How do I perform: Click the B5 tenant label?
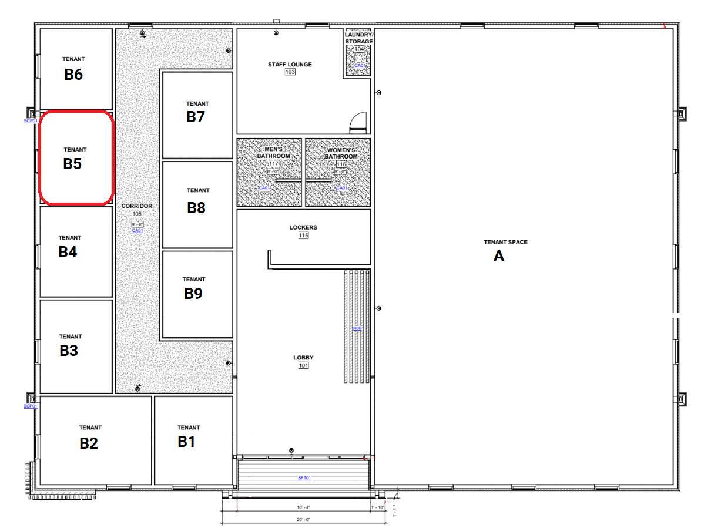pyautogui.click(x=72, y=164)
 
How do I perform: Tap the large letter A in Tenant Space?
pyautogui.click(x=498, y=255)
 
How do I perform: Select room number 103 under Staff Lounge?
pyautogui.click(x=290, y=72)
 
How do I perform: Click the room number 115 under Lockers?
pyautogui.click(x=303, y=236)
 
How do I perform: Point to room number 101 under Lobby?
pyautogui.click(x=303, y=366)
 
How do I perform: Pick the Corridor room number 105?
pyautogui.click(x=137, y=214)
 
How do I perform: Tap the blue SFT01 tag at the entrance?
pyautogui.click(x=304, y=479)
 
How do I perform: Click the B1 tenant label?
pyautogui.click(x=186, y=442)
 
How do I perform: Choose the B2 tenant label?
pyautogui.click(x=89, y=443)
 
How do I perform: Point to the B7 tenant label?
pyautogui.click(x=196, y=117)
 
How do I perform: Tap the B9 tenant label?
pyautogui.click(x=193, y=293)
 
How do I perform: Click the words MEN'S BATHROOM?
pyautogui.click(x=273, y=153)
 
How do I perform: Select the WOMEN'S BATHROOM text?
pyautogui.click(x=341, y=153)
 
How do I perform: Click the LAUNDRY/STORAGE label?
pyautogui.click(x=358, y=38)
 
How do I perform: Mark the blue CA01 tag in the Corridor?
pyautogui.click(x=137, y=231)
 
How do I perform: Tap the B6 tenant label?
pyautogui.click(x=73, y=75)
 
